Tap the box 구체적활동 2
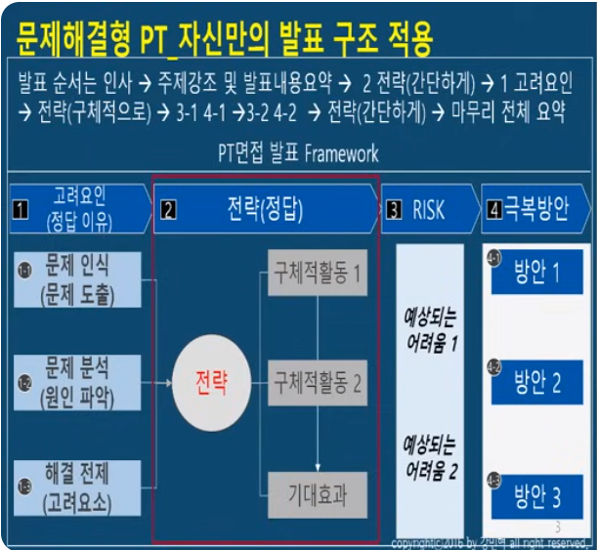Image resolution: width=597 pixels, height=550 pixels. [318, 381]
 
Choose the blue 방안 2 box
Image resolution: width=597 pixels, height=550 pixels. [536, 383]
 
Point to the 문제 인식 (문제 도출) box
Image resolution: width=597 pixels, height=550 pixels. [79, 278]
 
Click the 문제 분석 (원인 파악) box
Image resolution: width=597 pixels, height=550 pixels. [79, 382]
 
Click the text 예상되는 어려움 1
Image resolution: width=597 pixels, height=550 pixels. [431, 330]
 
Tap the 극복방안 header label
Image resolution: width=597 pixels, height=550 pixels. [540, 208]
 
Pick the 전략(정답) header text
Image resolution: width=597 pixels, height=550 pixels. [265, 207]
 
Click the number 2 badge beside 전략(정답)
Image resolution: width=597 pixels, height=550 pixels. [168, 208]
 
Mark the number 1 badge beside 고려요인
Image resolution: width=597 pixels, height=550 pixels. [19, 208]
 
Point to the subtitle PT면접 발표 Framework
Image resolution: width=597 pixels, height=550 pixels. [298, 154]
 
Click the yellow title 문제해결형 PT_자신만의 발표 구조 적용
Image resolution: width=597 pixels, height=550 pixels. [226, 40]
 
